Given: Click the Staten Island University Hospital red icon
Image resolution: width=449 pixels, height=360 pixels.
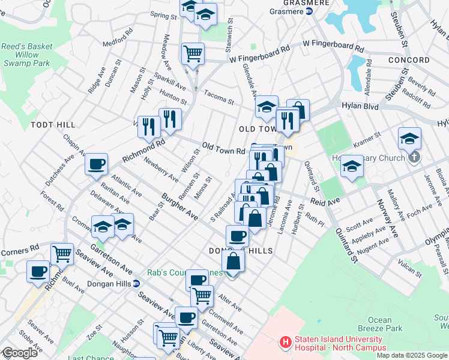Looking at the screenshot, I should pyautogui.click(x=286, y=343).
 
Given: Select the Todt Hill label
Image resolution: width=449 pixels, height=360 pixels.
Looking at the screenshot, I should pyautogui.click(x=53, y=124).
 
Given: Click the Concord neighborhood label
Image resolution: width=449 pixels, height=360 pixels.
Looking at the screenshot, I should pyautogui.click(x=409, y=60).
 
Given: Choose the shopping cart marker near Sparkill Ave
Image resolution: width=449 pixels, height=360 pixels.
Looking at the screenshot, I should pyautogui.click(x=193, y=53).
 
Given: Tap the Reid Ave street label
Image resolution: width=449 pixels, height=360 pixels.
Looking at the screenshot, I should pyautogui.click(x=325, y=202).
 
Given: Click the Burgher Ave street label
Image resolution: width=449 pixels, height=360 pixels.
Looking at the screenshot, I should pyautogui.click(x=180, y=206).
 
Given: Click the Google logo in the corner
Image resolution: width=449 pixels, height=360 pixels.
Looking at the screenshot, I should pyautogui.click(x=20, y=353).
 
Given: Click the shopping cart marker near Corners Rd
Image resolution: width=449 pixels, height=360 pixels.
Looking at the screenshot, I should pyautogui.click(x=62, y=254).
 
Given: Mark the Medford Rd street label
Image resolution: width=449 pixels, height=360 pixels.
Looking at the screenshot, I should pyautogui.click(x=116, y=43).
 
